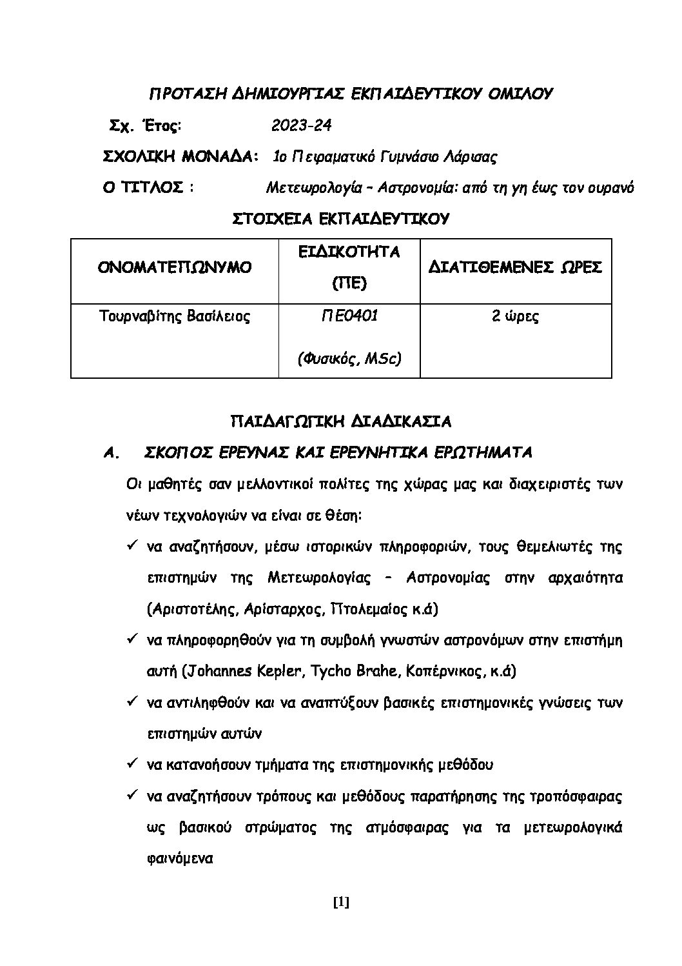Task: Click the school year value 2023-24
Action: coord(301,125)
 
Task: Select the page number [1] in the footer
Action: coord(341,903)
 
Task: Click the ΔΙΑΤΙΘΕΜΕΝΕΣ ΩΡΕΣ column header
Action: coord(515,267)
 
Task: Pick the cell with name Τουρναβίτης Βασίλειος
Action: coord(175,316)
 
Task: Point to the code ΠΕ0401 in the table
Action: coord(349,316)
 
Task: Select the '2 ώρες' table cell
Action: coord(515,316)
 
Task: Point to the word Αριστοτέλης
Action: coord(186,609)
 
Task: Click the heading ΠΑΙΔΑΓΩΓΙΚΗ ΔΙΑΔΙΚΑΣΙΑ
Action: coord(341,421)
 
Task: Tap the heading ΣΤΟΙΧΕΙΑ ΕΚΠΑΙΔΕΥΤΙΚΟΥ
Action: coord(341,219)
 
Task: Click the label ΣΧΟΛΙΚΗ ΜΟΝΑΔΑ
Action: coord(179,157)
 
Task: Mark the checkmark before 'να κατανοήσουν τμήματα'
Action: coord(130,764)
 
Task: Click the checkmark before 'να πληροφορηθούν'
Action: coord(130,639)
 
